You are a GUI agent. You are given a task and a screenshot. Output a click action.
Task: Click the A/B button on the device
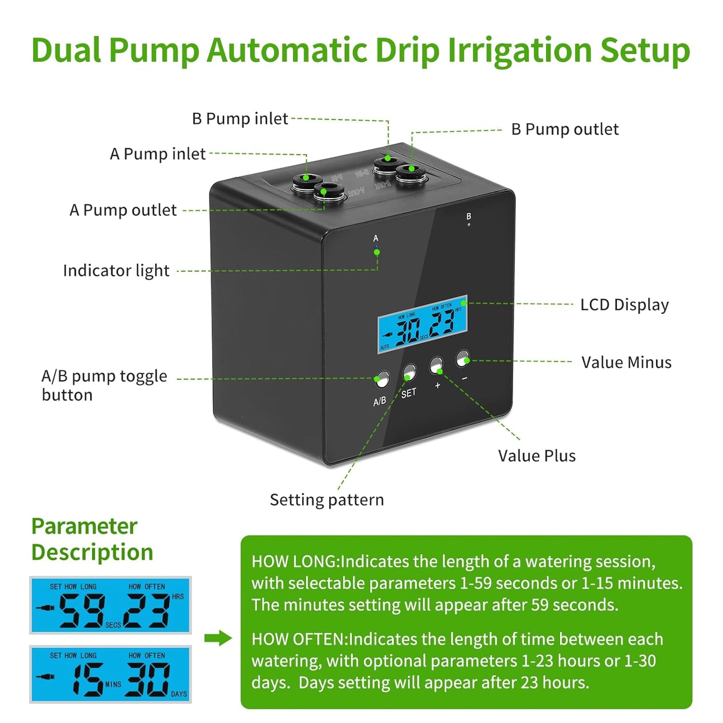[x=382, y=379]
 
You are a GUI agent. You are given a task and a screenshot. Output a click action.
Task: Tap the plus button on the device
[x=436, y=365]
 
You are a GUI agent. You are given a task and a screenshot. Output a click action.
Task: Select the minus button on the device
[x=463, y=358]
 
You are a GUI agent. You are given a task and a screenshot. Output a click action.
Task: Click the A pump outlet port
[x=326, y=191]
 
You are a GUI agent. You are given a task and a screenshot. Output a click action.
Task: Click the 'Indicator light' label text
[x=116, y=271]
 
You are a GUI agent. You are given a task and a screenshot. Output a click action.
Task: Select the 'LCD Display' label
[x=624, y=305]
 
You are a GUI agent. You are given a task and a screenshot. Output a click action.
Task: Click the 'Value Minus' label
[x=626, y=362]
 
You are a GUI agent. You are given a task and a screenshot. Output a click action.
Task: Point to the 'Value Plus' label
[x=536, y=456]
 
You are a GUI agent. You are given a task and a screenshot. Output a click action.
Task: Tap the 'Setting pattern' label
[x=327, y=500]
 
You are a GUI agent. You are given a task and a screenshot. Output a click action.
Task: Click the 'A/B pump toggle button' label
[x=104, y=385]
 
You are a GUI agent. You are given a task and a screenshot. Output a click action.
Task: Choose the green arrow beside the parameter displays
[x=218, y=638]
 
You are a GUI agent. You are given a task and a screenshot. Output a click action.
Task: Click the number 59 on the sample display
[x=82, y=610]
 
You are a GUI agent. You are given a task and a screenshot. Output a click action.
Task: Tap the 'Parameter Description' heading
[x=92, y=539]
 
